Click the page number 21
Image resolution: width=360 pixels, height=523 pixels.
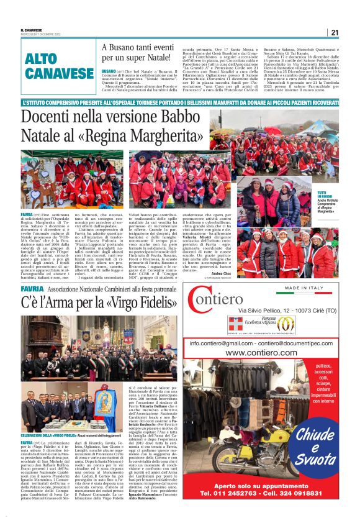[335, 33]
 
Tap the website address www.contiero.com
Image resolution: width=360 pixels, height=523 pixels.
[263, 353]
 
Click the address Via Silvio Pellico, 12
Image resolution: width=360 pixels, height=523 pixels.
[271, 309]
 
